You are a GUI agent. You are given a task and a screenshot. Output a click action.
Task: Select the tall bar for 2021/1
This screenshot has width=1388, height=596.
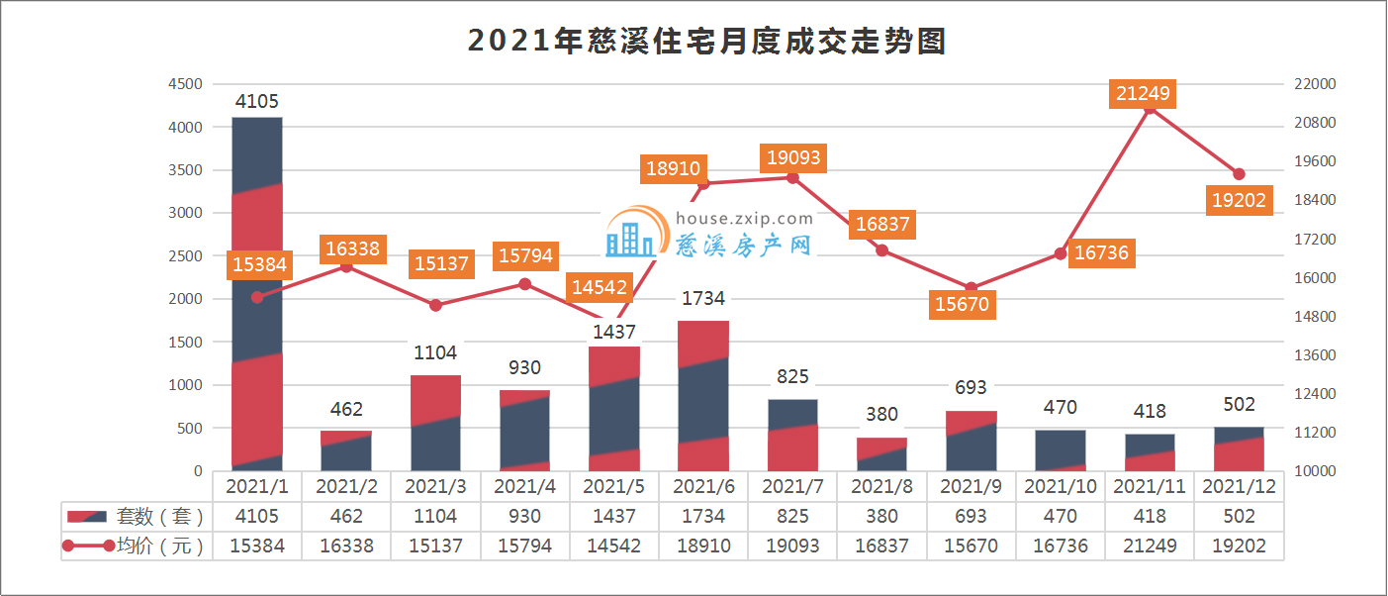pos(257,294)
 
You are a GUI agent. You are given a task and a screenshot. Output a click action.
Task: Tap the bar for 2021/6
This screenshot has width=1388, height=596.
pos(703,396)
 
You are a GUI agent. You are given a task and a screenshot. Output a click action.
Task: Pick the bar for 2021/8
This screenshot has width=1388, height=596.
pos(881,454)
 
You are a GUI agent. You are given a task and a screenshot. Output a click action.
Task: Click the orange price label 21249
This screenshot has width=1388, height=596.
pos(1143,94)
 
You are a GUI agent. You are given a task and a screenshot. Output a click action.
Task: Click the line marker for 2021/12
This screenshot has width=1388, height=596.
pos(1239,174)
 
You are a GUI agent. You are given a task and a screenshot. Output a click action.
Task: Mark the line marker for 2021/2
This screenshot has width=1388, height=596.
pos(346,266)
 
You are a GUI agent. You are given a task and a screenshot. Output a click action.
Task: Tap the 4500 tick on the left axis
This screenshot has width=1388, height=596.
pos(184,84)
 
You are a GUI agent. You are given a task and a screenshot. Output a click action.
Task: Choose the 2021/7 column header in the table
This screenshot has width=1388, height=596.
pos(792,486)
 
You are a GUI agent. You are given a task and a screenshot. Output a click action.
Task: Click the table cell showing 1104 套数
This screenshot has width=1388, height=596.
pos(435,516)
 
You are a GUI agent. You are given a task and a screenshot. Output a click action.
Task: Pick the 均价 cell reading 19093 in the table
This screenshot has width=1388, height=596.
pos(792,546)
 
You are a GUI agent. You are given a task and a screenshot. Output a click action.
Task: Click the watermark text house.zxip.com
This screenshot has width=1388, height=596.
pos(743,219)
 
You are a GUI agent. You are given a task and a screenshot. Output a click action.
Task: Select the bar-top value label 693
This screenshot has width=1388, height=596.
pos(972,387)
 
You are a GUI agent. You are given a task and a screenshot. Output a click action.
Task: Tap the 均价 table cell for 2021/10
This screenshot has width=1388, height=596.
pos(1061,546)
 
